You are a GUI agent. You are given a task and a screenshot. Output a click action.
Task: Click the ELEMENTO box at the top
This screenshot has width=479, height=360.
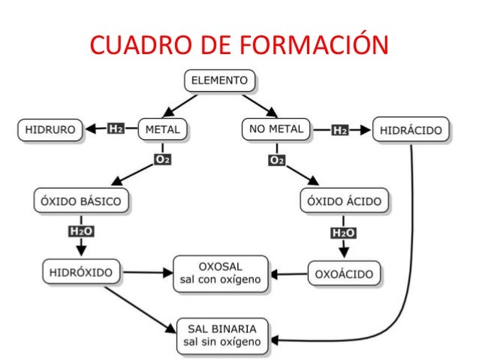[x=221, y=80]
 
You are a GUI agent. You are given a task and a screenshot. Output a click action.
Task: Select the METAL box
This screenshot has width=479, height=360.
[x=162, y=129]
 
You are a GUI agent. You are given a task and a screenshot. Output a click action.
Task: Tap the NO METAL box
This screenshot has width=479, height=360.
[x=276, y=129]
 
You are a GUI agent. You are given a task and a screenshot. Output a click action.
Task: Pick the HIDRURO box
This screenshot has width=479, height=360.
[x=50, y=129]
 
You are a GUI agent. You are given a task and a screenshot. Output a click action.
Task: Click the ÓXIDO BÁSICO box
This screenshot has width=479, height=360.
[x=81, y=201]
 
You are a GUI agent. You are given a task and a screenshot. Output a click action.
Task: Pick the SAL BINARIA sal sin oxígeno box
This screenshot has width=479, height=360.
[x=221, y=335]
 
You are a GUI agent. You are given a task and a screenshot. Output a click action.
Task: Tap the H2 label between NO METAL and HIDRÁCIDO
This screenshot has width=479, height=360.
[x=339, y=129]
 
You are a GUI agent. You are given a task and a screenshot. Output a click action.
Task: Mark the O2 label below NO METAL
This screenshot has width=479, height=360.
[x=276, y=159]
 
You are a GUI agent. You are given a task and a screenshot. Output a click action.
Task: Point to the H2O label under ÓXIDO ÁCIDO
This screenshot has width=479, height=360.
[x=345, y=232]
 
